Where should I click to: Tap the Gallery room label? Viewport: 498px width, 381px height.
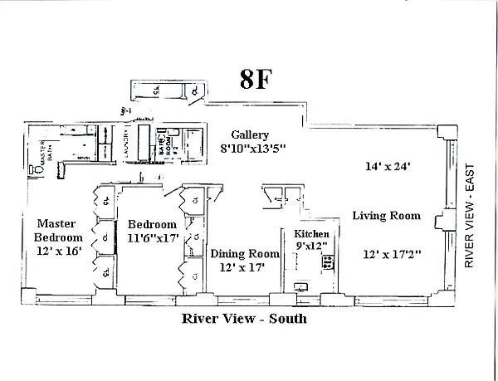(x=248, y=134)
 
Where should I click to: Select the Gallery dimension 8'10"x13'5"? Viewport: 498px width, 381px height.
(x=253, y=149)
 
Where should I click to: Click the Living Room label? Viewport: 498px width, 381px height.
(x=386, y=216)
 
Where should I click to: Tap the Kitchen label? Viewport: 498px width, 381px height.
(x=313, y=235)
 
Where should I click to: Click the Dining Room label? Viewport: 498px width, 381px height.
(x=244, y=254)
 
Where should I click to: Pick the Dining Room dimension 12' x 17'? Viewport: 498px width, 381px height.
(x=242, y=268)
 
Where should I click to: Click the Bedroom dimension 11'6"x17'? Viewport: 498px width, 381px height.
(x=152, y=238)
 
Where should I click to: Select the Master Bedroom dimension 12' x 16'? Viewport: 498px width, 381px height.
(x=57, y=252)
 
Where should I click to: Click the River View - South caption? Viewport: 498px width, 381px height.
(x=243, y=318)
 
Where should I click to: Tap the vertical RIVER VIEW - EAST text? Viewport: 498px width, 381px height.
(x=469, y=215)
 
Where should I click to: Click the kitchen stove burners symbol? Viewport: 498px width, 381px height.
(x=328, y=262)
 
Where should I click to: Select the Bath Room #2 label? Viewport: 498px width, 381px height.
(x=162, y=148)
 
